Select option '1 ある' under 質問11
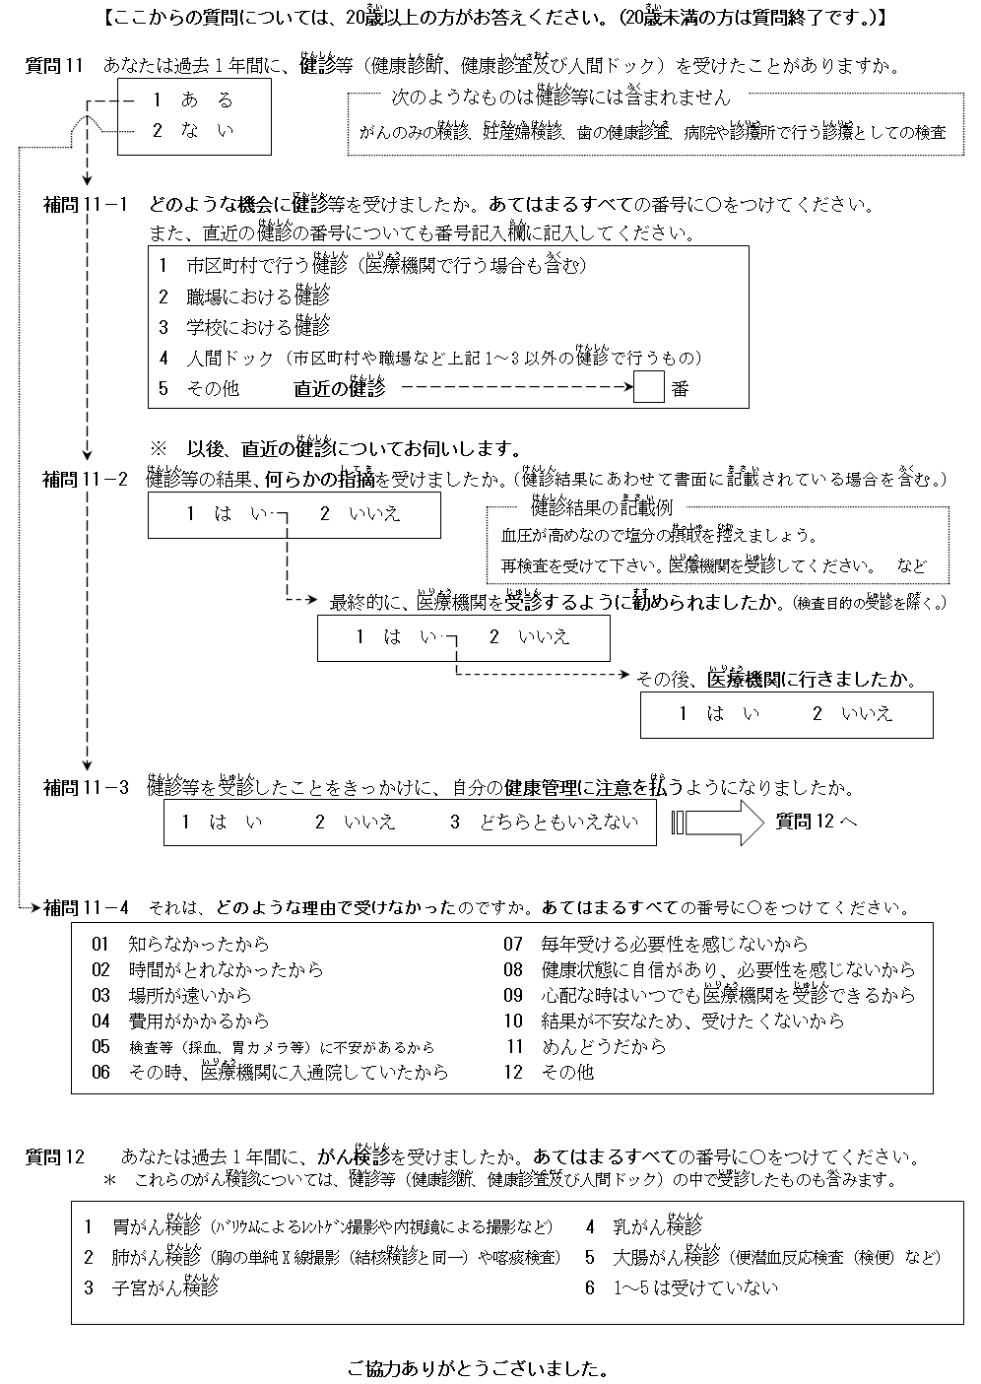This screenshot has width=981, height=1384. pos(192,99)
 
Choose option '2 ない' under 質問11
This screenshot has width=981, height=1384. pos(192,130)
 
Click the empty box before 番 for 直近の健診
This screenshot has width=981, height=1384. pos(649,387)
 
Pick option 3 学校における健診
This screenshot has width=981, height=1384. pos(244,326)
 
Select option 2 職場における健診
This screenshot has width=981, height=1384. pos(244,296)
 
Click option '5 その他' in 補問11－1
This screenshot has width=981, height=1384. pos(199,388)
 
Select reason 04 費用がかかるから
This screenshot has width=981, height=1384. pos(180,1022)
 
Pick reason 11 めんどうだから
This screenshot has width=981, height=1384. pos(586,1047)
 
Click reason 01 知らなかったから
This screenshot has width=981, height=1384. pos(180,945)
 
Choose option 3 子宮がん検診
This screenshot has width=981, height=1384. pos(152,1287)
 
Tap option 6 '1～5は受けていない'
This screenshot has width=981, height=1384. pos(682,1287)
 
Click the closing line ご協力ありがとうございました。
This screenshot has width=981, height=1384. pos(477,1369)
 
